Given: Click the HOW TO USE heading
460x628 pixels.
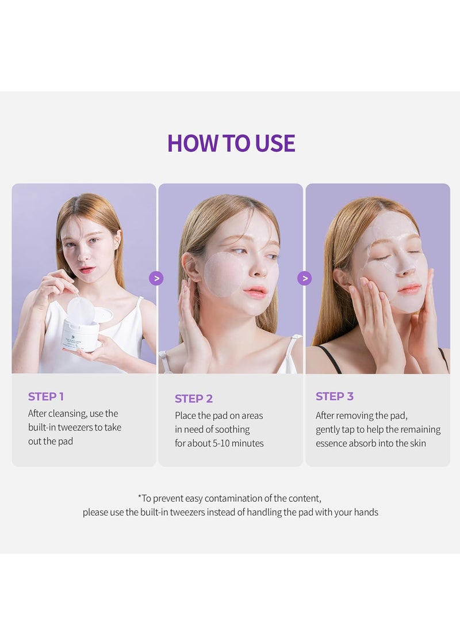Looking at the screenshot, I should tap(231, 143).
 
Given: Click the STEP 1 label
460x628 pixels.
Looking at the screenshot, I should tap(46, 397).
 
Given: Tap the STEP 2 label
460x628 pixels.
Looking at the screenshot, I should tap(194, 399).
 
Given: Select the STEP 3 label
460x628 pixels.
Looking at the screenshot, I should tap(335, 397).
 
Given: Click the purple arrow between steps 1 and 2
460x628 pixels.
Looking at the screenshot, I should tap(156, 279).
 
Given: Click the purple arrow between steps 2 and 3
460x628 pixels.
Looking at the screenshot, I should tap(304, 279).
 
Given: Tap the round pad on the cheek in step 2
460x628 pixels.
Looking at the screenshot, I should tap(221, 275).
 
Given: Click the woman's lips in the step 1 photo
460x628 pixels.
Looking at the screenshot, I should tap(87, 269).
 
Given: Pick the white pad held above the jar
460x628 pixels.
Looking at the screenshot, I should tap(80, 311).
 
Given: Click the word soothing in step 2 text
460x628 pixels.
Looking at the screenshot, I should tap(232, 429).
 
